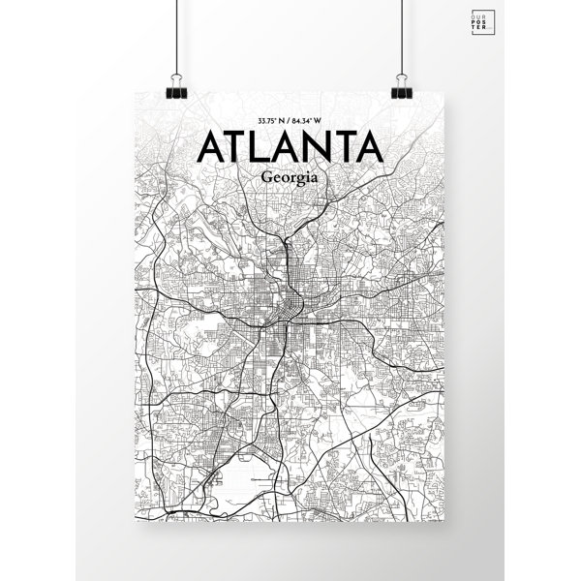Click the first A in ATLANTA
tap(210, 149)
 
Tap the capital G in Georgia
tap(265, 179)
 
